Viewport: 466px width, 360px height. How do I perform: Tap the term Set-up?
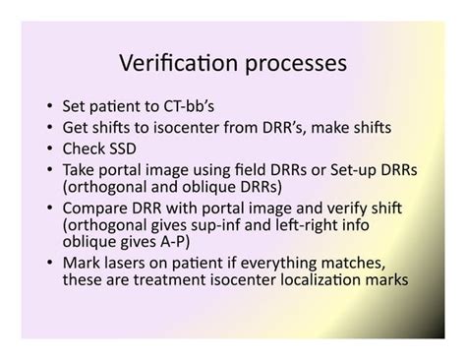348,170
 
